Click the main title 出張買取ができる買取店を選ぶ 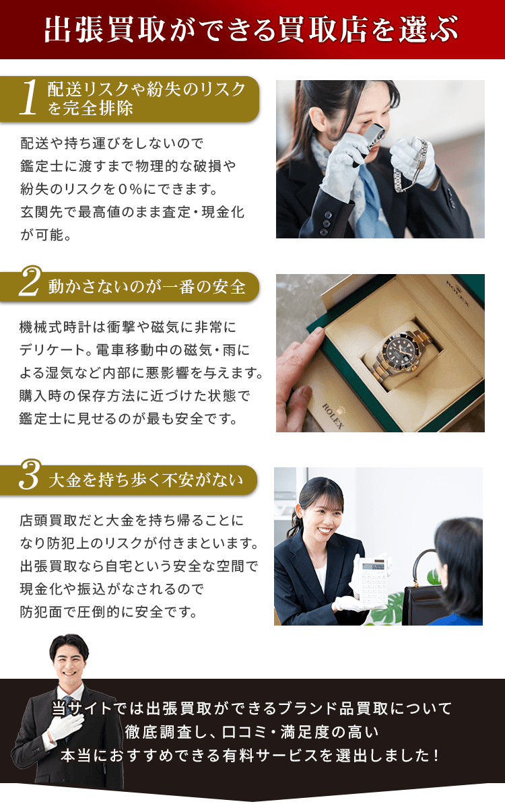(x=252, y=30)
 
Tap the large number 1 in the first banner (x=28, y=99)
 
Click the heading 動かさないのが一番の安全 (x=147, y=287)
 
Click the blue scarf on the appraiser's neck (x=367, y=195)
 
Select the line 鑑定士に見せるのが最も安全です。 (x=129, y=418)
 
